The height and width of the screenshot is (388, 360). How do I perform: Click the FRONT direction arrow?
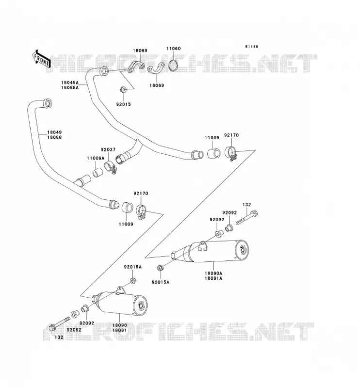point(42,59)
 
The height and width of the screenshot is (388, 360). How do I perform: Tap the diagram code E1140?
point(251,47)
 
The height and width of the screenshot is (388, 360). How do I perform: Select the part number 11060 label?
point(173,48)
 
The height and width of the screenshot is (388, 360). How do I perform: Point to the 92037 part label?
point(108,150)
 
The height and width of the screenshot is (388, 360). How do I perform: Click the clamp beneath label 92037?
point(110,166)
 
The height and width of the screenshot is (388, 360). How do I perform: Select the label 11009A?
point(96,158)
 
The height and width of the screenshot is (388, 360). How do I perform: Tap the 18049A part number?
point(70,82)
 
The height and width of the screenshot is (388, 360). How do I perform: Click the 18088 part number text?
point(54,137)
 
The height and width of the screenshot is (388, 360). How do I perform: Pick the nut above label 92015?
point(123,89)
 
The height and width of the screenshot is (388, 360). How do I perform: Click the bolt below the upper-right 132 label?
point(247,217)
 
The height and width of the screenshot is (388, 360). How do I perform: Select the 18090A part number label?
point(213,274)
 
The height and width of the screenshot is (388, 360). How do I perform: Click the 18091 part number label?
point(119,330)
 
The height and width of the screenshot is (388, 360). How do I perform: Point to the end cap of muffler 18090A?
point(242,251)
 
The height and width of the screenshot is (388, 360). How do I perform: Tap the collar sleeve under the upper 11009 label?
point(213,153)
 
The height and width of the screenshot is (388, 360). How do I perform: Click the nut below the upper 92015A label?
point(133,281)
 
